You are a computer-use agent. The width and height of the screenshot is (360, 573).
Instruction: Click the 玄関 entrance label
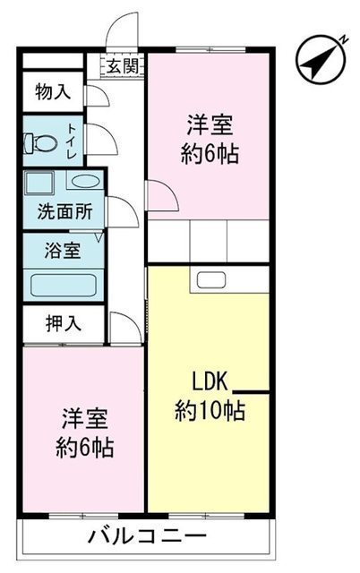click(x=123, y=67)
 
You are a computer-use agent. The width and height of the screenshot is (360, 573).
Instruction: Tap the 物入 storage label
click(x=53, y=91)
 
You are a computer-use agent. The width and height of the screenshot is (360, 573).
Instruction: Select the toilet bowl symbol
click(x=40, y=143)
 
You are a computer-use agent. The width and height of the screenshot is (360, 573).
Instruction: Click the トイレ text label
click(x=72, y=141)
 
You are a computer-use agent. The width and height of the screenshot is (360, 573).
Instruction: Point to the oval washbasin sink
click(x=85, y=181)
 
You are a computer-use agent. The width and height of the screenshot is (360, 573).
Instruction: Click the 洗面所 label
click(x=64, y=211)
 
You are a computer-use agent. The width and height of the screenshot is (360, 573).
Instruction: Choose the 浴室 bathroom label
click(x=63, y=251)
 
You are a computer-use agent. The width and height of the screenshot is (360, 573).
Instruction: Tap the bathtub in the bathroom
click(x=64, y=286)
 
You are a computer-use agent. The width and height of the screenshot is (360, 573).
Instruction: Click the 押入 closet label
click(x=64, y=323)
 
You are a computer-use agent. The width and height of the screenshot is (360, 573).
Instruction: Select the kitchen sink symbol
click(x=211, y=280)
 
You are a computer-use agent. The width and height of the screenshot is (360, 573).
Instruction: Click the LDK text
click(x=210, y=381)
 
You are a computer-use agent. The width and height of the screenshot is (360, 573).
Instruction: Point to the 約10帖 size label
click(x=210, y=410)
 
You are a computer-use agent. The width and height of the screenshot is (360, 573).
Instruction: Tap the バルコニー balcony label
click(x=148, y=536)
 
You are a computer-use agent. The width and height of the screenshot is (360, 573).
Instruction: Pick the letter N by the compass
click(x=344, y=39)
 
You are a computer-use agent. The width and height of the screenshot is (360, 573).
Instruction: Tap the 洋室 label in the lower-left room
click(x=84, y=419)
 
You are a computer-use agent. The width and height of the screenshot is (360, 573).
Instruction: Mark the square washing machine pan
click(x=39, y=182)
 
